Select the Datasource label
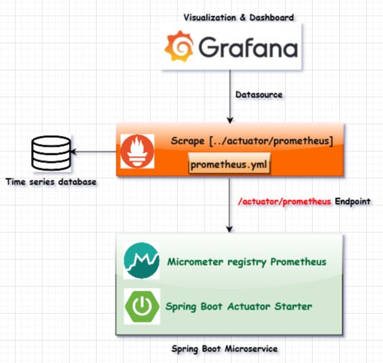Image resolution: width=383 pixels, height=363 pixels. (x=259, y=96)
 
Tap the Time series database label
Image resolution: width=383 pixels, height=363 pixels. (x=50, y=183)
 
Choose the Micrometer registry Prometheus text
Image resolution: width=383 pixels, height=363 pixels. (x=247, y=262)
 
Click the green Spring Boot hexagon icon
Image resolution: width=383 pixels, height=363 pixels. (x=142, y=306)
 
